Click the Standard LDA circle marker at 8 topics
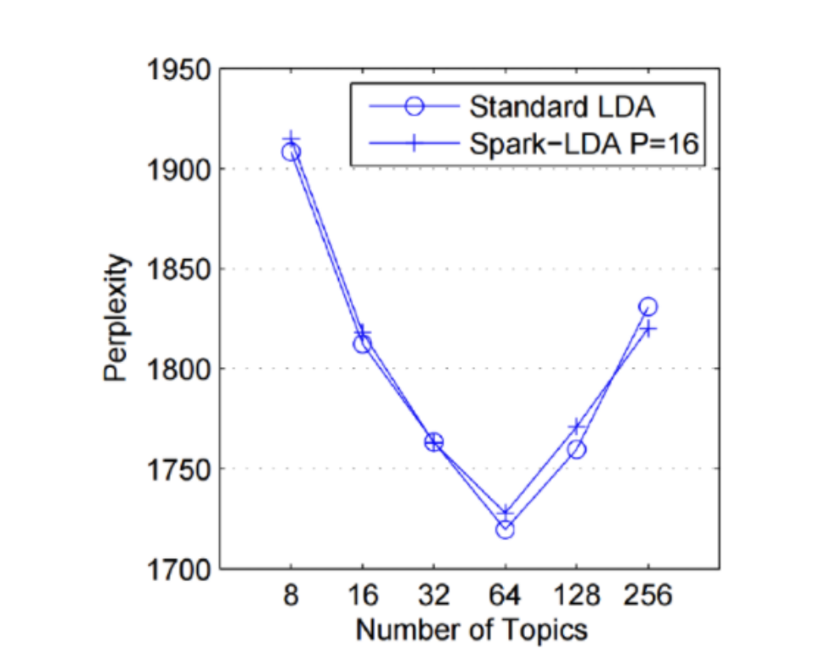(291, 152)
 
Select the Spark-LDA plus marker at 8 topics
(291, 139)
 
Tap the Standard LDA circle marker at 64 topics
(506, 529)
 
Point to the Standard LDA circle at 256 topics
(648, 307)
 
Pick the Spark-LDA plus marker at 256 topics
(648, 328)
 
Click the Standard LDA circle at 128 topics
(577, 449)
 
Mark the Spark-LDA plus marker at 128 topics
(577, 426)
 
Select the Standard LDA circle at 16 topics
(363, 344)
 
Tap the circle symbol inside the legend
(415, 107)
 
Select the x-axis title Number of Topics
(471, 629)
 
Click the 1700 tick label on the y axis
(177, 568)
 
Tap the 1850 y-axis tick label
(177, 269)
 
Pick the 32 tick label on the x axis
(434, 596)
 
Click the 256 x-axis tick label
(648, 596)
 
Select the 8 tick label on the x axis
(291, 596)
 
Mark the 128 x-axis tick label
(577, 596)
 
